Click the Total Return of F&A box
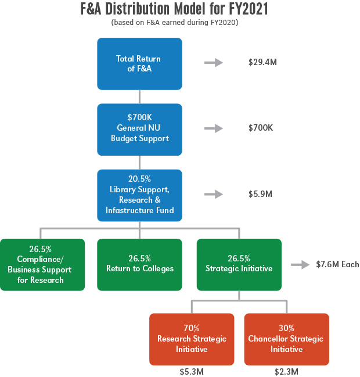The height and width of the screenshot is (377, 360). click(x=139, y=64)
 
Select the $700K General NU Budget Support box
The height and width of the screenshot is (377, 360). click(x=139, y=129)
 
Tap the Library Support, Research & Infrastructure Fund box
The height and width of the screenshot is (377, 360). click(x=139, y=195)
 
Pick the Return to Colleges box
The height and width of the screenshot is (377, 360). click(x=139, y=264)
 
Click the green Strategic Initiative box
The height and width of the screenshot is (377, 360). click(x=239, y=264)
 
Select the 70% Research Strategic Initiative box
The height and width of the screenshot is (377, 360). click(x=192, y=339)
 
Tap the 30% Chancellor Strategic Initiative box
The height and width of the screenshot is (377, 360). click(x=286, y=339)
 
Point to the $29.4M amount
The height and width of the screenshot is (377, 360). click(x=262, y=62)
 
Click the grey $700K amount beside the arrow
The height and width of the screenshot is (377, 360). click(x=261, y=128)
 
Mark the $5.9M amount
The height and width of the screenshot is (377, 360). click(x=260, y=194)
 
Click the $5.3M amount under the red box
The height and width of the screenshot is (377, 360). click(x=192, y=371)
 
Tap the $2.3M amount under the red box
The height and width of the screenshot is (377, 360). click(x=286, y=371)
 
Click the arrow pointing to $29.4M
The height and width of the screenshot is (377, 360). click(x=214, y=62)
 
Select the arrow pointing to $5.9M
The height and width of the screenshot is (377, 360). click(x=214, y=194)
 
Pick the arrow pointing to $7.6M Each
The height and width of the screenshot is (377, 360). click(x=301, y=265)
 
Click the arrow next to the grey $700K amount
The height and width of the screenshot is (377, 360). click(x=214, y=128)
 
